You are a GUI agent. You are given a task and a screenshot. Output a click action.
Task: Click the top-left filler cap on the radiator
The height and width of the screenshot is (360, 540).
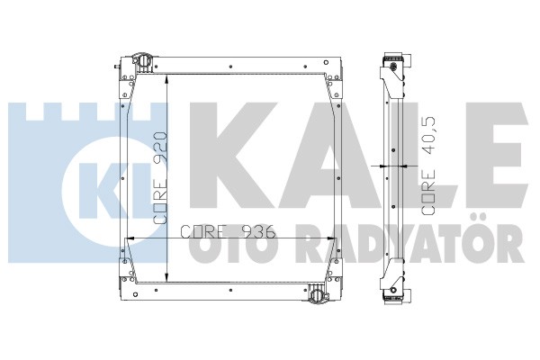(143, 62)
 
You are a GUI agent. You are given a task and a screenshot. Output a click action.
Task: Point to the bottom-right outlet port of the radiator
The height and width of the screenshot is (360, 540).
(316, 294)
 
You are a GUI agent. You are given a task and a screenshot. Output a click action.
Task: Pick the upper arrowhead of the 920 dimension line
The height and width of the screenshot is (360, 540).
(166, 78)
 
